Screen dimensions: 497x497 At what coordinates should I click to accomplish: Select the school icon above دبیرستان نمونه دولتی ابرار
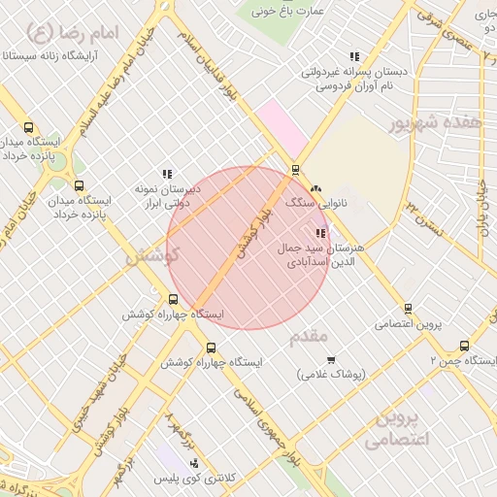point(167,174)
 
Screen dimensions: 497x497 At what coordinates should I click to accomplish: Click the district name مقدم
point(311,336)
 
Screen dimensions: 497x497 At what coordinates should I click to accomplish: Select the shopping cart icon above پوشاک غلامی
point(331,360)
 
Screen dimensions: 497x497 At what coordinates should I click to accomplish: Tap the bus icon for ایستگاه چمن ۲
point(464,346)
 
